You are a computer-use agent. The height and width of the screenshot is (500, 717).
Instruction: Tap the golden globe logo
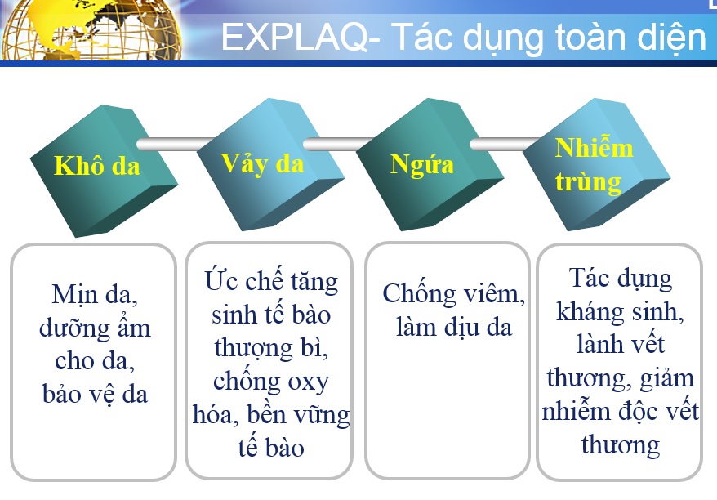pos(91,29)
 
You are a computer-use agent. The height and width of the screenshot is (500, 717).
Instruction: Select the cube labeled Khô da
pos(104,171)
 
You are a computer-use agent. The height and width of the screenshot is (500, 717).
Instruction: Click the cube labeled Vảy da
pos(270,165)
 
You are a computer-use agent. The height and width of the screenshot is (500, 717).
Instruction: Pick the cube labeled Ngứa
pos(430,165)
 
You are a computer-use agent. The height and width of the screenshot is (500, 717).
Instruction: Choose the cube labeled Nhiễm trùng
pos(596,165)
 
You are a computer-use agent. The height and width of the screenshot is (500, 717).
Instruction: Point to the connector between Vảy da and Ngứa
pos(339,144)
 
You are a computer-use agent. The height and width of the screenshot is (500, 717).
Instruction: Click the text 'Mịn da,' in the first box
pos(95,295)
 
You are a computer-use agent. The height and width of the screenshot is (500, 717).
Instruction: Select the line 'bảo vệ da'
pos(95,395)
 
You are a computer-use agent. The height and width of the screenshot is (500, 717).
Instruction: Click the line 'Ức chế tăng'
pos(271,280)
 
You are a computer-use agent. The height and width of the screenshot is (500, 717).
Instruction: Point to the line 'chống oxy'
pos(271,382)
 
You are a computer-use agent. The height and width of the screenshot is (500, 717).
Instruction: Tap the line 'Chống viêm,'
pos(453,293)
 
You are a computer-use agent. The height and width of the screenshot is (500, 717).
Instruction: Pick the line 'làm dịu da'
pos(453,328)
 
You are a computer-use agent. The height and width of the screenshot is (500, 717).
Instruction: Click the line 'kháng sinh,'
pos(620,312)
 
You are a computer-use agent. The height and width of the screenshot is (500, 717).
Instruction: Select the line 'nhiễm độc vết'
pos(620,410)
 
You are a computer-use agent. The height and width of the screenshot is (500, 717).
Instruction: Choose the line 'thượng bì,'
pos(271,349)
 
